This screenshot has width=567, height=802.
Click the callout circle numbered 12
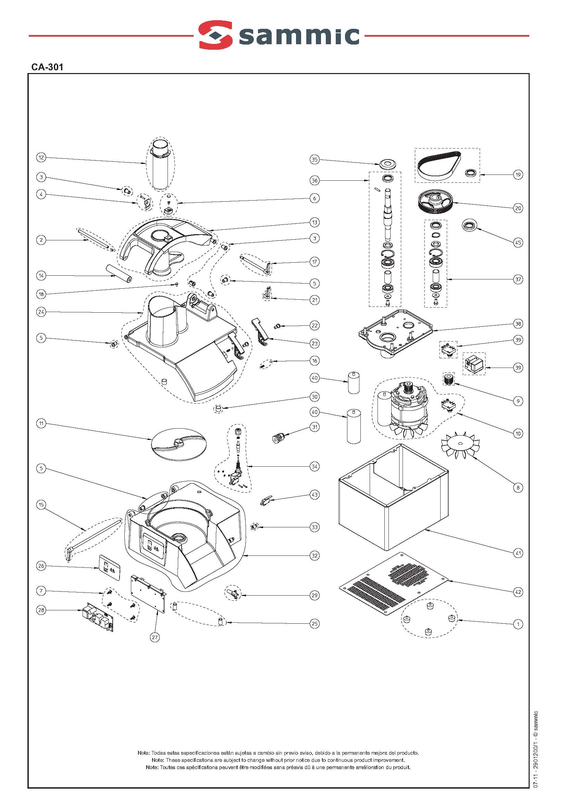[x=41, y=158]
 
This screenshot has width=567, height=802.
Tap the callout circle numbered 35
[x=315, y=160]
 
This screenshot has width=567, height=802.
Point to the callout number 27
[x=155, y=637]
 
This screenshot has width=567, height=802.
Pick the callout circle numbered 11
[x=41, y=424]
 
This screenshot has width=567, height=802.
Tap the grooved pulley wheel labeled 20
[x=436, y=203]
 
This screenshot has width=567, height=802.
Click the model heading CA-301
[x=47, y=67]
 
